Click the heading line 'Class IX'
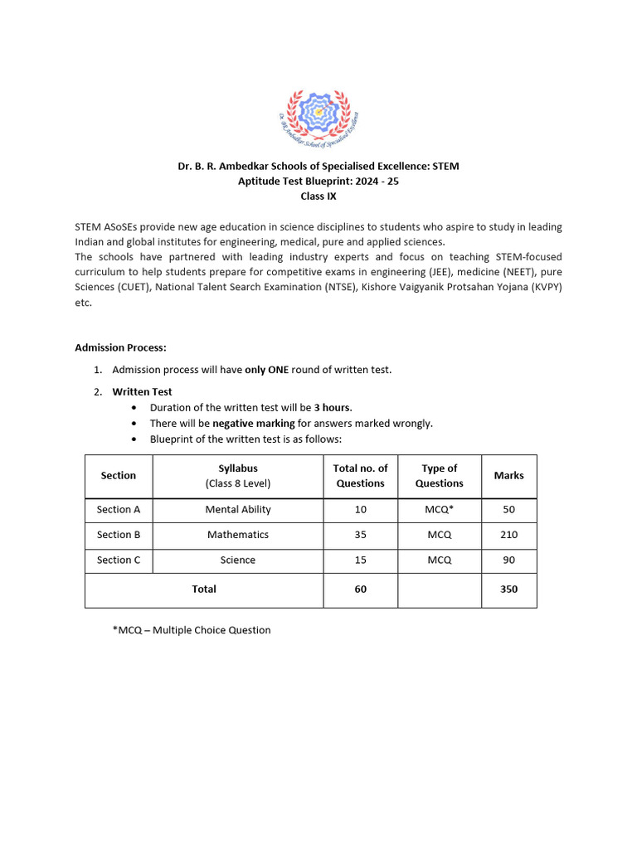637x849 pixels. [318, 196]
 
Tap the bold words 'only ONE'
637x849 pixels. [266, 370]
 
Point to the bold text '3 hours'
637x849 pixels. [332, 407]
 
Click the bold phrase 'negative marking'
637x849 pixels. [253, 423]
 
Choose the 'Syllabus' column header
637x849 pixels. [238, 468]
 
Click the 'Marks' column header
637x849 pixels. [508, 475]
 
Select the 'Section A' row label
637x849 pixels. [119, 510]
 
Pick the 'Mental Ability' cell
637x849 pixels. [238, 510]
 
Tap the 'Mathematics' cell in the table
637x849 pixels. [238, 535]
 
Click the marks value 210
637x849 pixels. [508, 535]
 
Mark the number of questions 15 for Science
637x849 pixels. [360, 560]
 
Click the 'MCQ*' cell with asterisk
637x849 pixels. [439, 510]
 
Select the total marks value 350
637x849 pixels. [508, 589]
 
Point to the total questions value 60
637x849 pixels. [360, 589]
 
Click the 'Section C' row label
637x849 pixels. [119, 560]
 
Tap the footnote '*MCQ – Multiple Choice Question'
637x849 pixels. [192, 630]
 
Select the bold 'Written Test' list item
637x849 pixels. [142, 391]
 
